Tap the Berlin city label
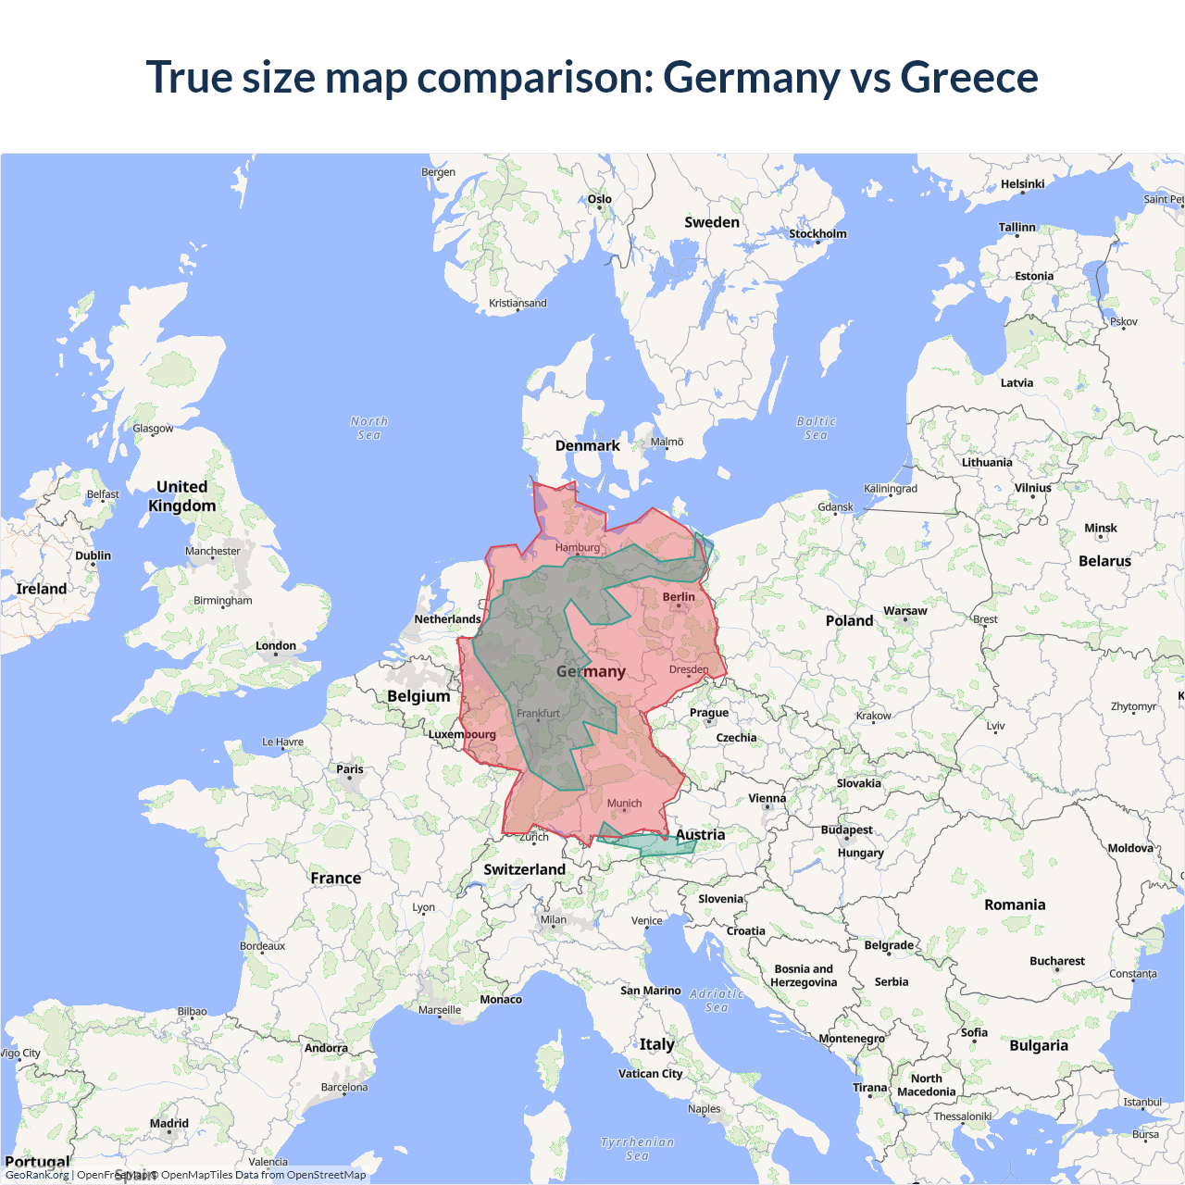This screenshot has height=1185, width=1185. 679,597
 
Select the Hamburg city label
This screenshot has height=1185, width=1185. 578,547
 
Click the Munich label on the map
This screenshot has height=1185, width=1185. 624,804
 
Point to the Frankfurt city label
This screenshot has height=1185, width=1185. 538,713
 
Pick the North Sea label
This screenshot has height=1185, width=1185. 369,428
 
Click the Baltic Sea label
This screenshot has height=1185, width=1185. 816,428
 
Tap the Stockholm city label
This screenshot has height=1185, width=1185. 817,233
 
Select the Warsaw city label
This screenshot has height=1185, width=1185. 904,611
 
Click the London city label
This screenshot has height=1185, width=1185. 276,645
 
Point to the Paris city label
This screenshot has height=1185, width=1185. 350,769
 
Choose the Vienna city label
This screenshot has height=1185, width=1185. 767,798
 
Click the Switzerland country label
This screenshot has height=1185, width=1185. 524,869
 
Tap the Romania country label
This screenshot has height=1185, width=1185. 1015,904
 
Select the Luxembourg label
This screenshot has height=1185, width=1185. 462,734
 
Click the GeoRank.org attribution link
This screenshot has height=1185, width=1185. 37,1175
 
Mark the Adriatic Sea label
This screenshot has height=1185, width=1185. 717,1000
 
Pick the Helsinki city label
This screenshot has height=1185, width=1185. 1022,184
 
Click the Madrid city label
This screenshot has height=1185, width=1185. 169,1123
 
